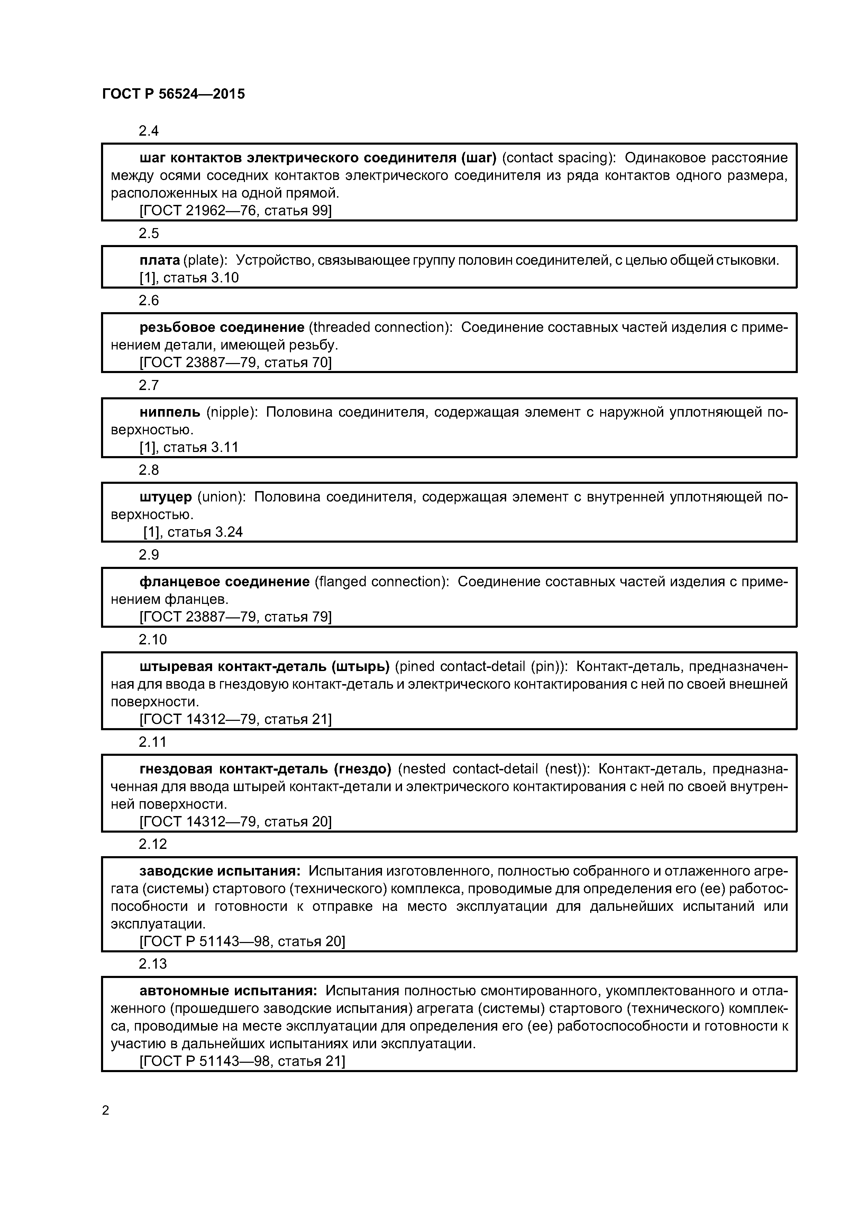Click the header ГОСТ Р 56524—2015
pyautogui.click(x=173, y=94)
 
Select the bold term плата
pyautogui.click(x=159, y=260)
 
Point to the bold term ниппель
pyautogui.click(x=170, y=412)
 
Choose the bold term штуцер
pyautogui.click(x=165, y=497)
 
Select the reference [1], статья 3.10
pyautogui.click(x=189, y=278)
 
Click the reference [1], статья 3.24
pyautogui.click(x=193, y=532)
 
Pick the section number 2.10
pyautogui.click(x=152, y=640)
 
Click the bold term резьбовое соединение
pyautogui.click(x=221, y=327)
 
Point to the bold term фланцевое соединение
pyautogui.click(x=224, y=582)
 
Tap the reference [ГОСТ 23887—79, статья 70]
pyautogui.click(x=235, y=362)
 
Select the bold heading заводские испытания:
pyautogui.click(x=220, y=871)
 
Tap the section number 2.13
pyautogui.click(x=152, y=964)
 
